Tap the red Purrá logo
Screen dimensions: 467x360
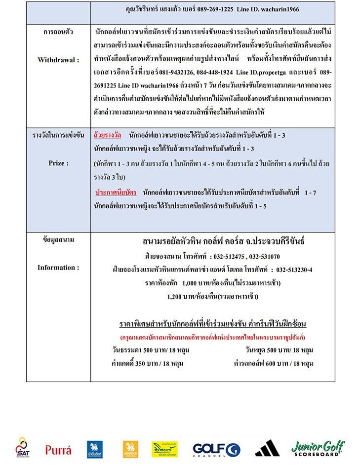(x=58, y=450)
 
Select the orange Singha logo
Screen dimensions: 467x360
(x=130, y=449)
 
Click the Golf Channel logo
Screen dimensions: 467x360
(x=216, y=449)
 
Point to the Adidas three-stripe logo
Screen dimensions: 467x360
(x=267, y=448)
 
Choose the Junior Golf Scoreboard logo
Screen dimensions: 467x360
(x=318, y=448)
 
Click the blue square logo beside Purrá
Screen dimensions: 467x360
(x=94, y=449)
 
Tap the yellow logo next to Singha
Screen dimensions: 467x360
(x=164, y=449)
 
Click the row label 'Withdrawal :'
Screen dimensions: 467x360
(x=58, y=60)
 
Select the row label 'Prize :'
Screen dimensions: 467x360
(x=58, y=162)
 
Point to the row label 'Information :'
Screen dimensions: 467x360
(x=58, y=268)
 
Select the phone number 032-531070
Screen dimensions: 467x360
(x=264, y=257)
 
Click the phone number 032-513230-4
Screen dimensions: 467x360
(x=294, y=270)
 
